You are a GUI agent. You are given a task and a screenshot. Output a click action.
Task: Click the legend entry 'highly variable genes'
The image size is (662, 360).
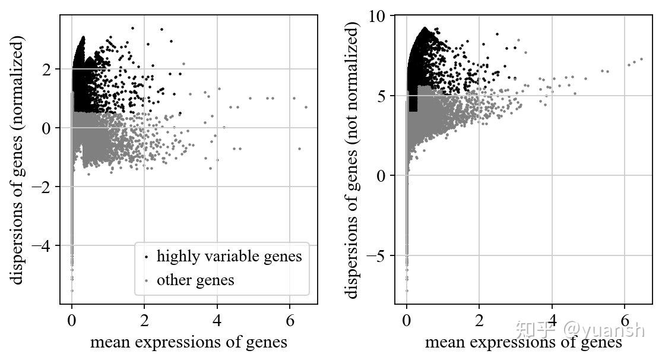(229, 257)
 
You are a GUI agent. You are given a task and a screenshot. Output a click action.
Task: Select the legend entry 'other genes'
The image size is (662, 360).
(195, 280)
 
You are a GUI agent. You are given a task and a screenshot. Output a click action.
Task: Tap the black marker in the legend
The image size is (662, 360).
(146, 258)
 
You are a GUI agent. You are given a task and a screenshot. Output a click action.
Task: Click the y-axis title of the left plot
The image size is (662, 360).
(18, 160)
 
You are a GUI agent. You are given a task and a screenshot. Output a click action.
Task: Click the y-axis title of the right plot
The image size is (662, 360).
(354, 160)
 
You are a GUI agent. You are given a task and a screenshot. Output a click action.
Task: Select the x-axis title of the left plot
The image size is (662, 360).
(188, 343)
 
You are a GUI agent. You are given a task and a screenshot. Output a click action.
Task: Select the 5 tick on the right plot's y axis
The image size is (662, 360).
(383, 96)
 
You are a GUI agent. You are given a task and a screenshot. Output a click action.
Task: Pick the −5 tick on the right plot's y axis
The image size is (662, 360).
(378, 255)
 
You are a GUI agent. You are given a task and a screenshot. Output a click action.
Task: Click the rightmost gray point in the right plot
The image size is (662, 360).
(641, 59)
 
